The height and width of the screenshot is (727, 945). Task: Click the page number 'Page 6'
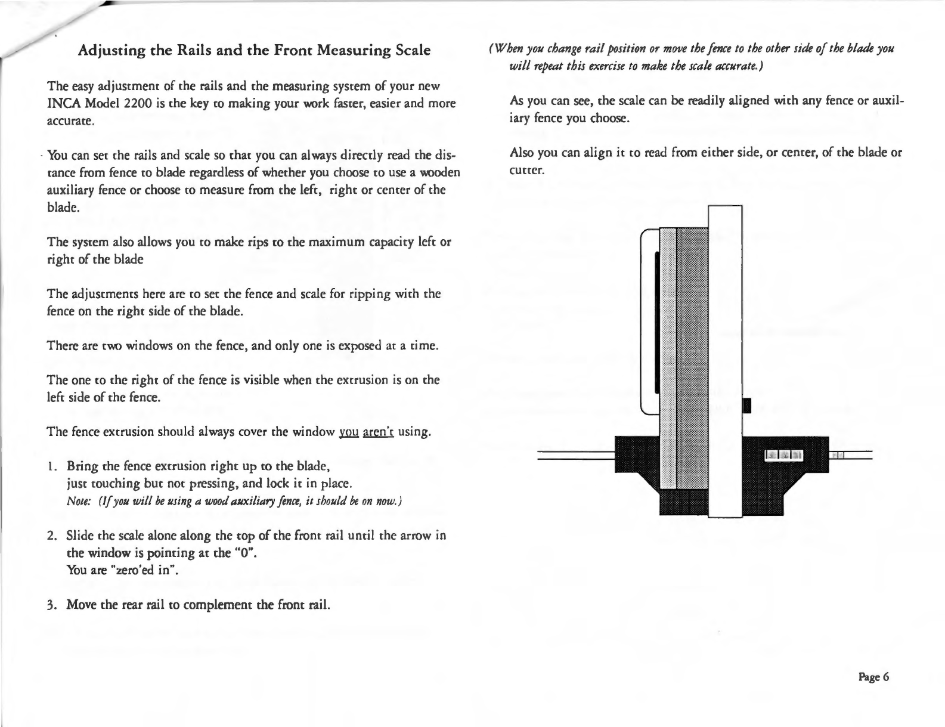click(873, 676)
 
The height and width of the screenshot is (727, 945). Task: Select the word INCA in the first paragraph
click(62, 104)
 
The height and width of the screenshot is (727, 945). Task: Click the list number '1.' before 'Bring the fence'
click(52, 465)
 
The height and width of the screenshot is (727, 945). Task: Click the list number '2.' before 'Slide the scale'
click(52, 535)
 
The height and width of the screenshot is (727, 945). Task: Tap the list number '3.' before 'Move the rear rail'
click(52, 605)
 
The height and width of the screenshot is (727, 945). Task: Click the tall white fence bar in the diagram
click(725, 358)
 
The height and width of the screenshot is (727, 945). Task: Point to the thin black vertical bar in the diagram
click(656, 322)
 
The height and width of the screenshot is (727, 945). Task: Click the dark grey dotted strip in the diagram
click(693, 358)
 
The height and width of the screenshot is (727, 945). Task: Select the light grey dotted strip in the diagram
click(668, 358)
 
